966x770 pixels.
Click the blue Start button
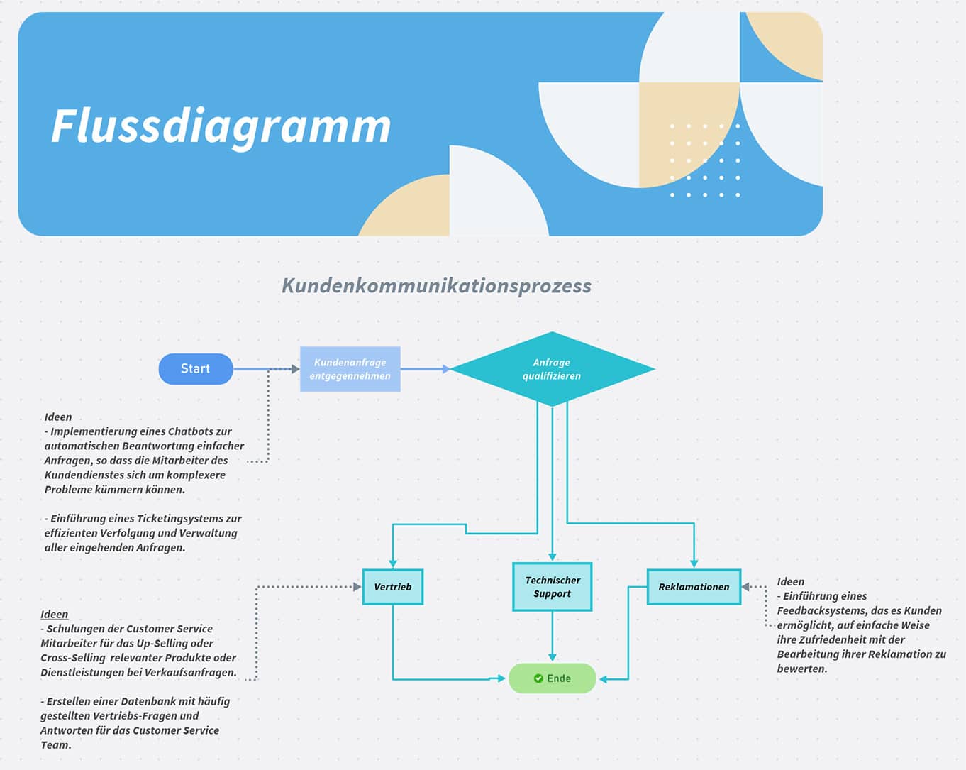pos(195,369)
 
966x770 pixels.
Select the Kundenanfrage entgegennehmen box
pos(350,369)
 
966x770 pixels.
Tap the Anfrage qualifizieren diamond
pos(552,369)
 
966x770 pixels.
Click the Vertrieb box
pos(392,587)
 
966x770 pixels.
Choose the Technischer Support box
pos(552,587)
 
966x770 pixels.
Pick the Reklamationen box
pos(694,587)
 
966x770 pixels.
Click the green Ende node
pos(552,678)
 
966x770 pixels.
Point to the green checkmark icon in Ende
pos(538,678)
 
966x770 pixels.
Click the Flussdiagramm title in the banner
pos(221,126)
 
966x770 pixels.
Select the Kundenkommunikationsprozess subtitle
pos(436,285)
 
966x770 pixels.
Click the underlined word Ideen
pos(55,615)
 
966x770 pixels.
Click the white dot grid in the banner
pos(705,160)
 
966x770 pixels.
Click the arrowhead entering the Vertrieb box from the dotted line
pos(357,587)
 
